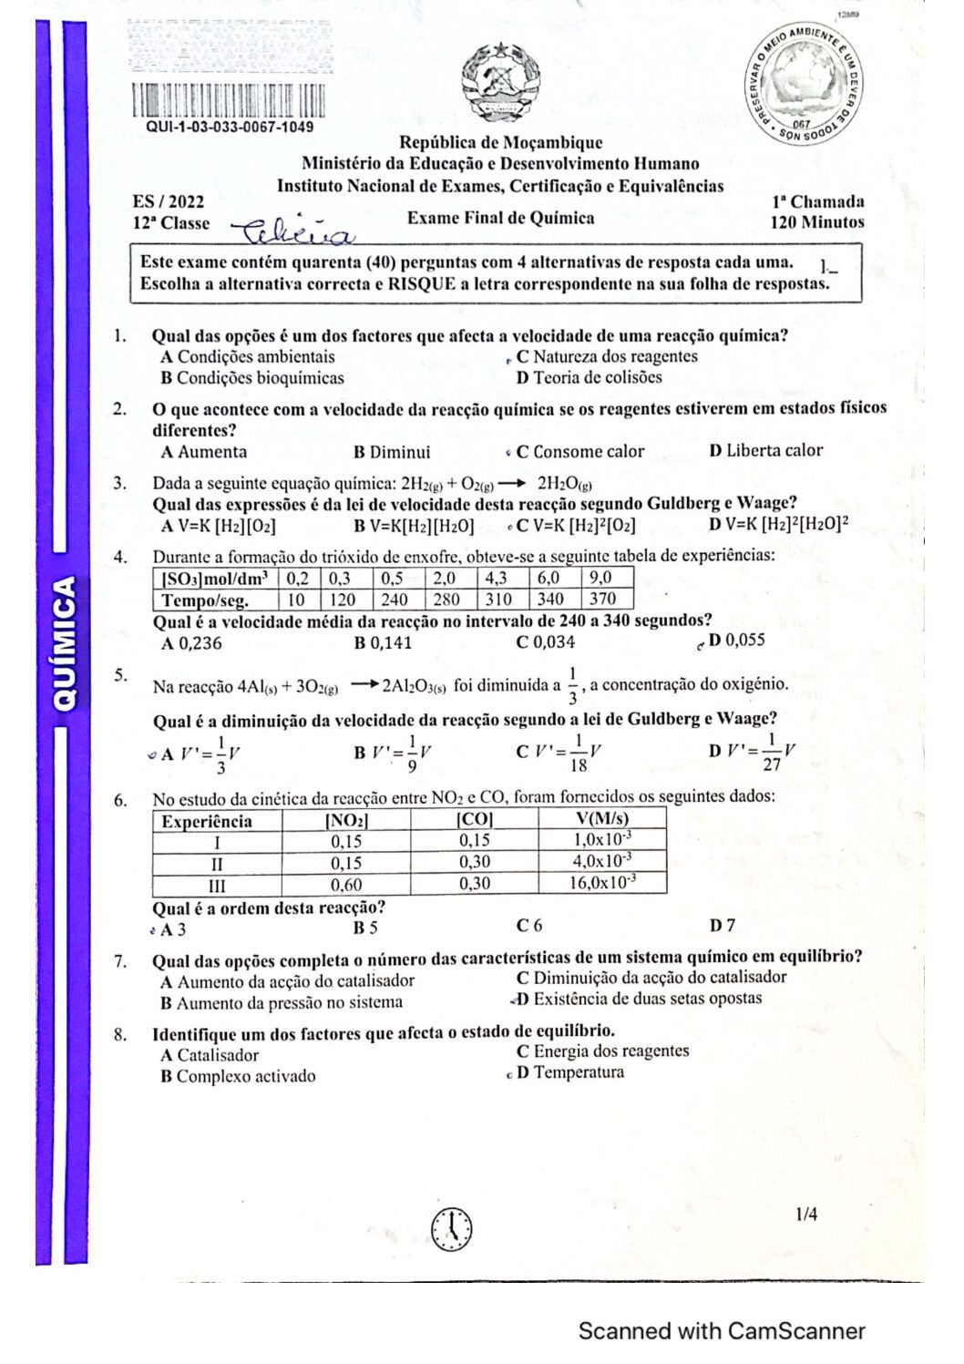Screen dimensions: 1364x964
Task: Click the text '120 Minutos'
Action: coord(816,222)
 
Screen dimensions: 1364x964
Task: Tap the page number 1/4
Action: coord(806,1214)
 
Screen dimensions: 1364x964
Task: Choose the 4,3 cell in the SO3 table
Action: coord(497,578)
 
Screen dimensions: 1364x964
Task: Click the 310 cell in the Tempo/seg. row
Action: coord(497,600)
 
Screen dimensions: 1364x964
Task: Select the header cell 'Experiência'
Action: coord(208,821)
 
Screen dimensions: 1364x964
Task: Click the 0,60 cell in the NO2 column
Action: coord(346,884)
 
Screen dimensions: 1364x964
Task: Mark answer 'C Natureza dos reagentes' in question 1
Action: coord(607,357)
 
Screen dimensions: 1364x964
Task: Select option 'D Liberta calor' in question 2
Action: coord(765,450)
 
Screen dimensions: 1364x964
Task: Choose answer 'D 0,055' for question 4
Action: coord(736,640)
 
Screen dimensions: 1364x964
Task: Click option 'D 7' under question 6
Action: coord(723,926)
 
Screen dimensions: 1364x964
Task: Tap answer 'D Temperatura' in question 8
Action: coord(570,1072)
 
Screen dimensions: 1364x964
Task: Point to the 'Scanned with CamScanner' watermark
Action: coord(722,1331)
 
